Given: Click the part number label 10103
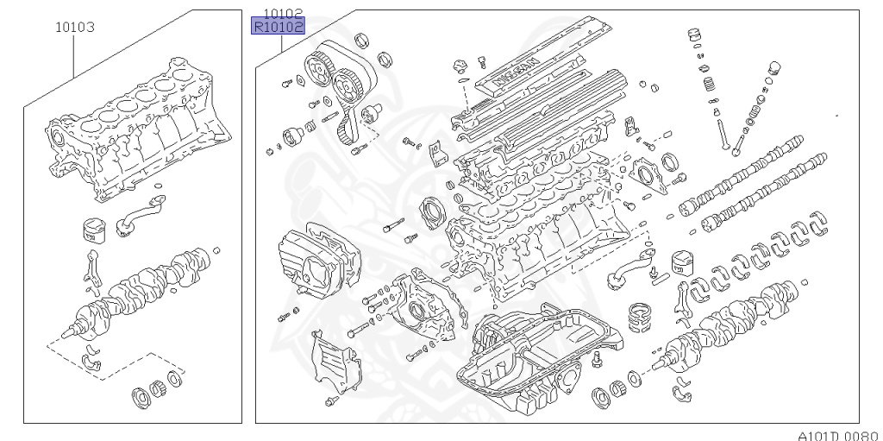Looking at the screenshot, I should coord(74,27).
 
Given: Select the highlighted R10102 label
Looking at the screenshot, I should coord(278,27).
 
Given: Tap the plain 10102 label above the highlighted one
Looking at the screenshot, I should coord(284,13).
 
